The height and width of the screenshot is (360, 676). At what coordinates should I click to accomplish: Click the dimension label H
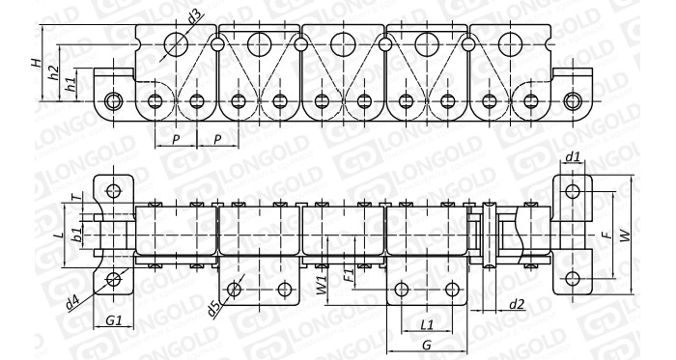coord(38,62)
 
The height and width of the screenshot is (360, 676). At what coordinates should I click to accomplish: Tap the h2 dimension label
coord(54,72)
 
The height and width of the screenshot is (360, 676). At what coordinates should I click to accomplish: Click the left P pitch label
coord(176,140)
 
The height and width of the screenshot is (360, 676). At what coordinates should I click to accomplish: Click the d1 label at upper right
coord(573,157)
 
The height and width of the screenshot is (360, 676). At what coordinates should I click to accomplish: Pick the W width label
coord(625,235)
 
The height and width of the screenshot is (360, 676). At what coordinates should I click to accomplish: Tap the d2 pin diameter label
coord(517,305)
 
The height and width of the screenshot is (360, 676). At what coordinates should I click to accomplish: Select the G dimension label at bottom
coord(427,345)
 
